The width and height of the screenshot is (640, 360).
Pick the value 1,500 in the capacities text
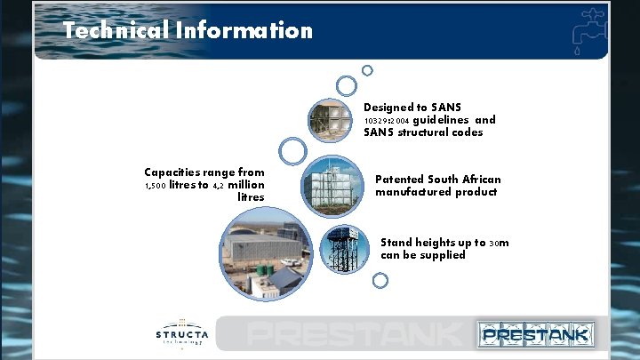click(x=157, y=186)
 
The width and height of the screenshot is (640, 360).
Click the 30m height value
click(x=499, y=243)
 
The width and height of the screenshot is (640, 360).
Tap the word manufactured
click(x=417, y=192)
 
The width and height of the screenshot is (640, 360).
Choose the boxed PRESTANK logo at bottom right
click(x=535, y=334)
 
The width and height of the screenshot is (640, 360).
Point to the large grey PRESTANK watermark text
click(x=356, y=335)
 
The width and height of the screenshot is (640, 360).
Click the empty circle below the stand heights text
click(x=380, y=281)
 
